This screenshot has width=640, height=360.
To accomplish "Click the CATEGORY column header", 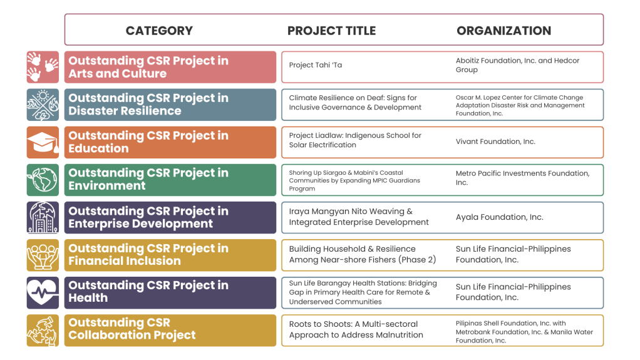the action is click(x=159, y=31).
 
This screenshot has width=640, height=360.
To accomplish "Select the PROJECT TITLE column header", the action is click(x=331, y=31).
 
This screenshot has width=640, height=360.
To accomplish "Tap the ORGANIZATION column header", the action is click(x=503, y=31).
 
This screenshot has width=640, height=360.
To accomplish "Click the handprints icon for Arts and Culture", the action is click(x=43, y=67).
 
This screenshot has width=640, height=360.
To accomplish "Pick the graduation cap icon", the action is click(x=43, y=143).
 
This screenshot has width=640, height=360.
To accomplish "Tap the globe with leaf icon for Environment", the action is click(x=43, y=180).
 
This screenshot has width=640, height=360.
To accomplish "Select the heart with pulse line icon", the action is click(x=43, y=292).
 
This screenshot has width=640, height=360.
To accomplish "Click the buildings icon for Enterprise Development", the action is click(x=43, y=217).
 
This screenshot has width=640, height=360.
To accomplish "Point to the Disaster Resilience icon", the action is click(x=43, y=105).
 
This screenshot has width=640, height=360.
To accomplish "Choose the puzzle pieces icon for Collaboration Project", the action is click(x=43, y=330).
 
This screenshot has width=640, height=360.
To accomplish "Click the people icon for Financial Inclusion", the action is click(x=43, y=255).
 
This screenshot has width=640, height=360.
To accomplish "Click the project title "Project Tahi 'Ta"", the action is click(x=316, y=65).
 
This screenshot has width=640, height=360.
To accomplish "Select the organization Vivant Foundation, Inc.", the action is click(x=495, y=141).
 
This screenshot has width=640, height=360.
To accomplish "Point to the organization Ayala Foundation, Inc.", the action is click(x=500, y=217).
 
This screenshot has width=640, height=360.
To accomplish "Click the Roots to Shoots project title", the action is click(x=356, y=329).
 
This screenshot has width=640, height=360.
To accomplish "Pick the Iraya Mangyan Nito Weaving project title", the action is click(x=359, y=217).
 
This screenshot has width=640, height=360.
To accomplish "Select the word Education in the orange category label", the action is click(x=98, y=148).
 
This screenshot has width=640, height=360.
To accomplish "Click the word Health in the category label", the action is click(x=88, y=298).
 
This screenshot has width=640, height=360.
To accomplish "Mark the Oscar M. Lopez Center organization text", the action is click(x=520, y=105).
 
